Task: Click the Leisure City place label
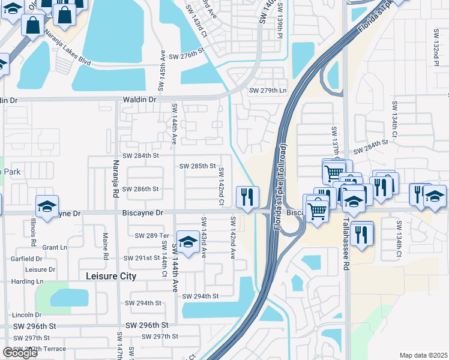tap(111, 276)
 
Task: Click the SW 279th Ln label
tap(268, 90)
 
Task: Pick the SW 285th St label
tap(197, 166)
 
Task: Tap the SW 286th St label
tap(140, 188)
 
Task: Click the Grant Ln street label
tap(55, 247)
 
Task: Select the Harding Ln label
tap(27, 281)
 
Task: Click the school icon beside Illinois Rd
tap(47, 206)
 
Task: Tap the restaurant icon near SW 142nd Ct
tap(248, 197)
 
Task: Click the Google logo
tap(20, 353)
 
